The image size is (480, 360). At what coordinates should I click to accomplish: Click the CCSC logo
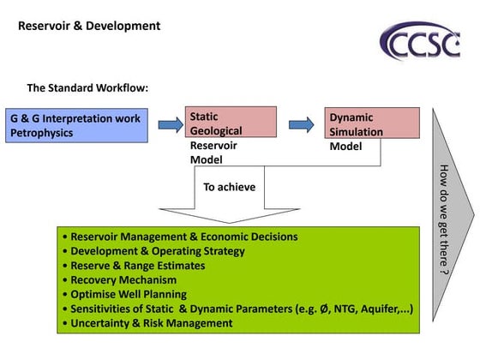coord(420,42)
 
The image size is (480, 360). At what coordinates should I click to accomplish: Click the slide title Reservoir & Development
coord(89,26)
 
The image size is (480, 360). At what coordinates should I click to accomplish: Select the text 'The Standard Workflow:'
coord(87,87)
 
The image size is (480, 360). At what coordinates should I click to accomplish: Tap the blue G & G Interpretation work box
coord(75,125)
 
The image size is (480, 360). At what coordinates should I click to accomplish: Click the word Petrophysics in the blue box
coord(42,134)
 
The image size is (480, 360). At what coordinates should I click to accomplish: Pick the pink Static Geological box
coord(231,123)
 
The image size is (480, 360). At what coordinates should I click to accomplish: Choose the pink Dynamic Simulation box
coord(373,123)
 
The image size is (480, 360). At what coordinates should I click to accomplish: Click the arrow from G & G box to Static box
coord(170,125)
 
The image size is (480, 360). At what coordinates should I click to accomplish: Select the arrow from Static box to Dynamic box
coord(302,124)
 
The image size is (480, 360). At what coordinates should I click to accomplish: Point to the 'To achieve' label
coord(229,187)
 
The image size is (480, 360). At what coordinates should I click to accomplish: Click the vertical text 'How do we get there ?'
coord(443,218)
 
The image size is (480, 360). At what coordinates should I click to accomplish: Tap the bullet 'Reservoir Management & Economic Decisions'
coord(183,237)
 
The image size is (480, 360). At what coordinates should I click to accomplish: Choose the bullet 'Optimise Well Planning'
coord(130,295)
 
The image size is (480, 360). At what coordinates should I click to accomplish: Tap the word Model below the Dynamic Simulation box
coord(346,147)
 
